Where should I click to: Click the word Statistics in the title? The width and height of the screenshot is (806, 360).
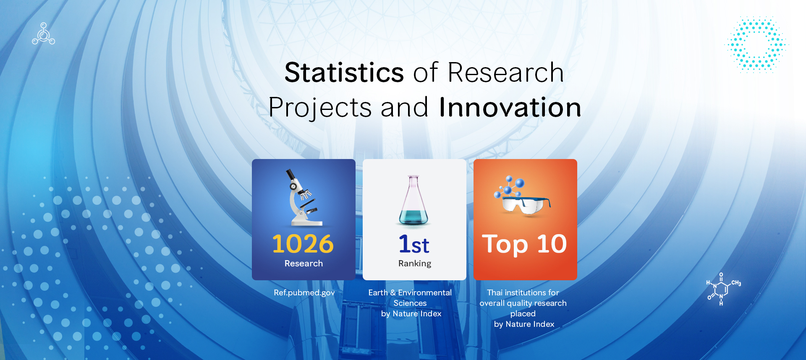(x=344, y=73)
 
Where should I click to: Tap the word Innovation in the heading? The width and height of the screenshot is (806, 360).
(x=510, y=107)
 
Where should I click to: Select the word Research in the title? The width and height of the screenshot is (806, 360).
(x=506, y=73)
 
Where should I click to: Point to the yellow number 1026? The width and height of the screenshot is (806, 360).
(x=303, y=244)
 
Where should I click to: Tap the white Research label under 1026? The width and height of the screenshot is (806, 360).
(x=304, y=263)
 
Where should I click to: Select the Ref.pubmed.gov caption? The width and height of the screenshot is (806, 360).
(x=304, y=293)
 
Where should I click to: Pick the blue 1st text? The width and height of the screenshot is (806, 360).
(x=414, y=244)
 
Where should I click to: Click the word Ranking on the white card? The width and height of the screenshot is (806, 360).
(x=414, y=263)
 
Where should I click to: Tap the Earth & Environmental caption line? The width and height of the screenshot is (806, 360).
(x=410, y=292)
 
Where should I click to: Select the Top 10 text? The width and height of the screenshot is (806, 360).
(x=524, y=244)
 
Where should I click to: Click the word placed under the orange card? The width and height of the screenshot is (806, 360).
(x=523, y=314)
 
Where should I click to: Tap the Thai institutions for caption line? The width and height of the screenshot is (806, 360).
(x=523, y=292)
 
